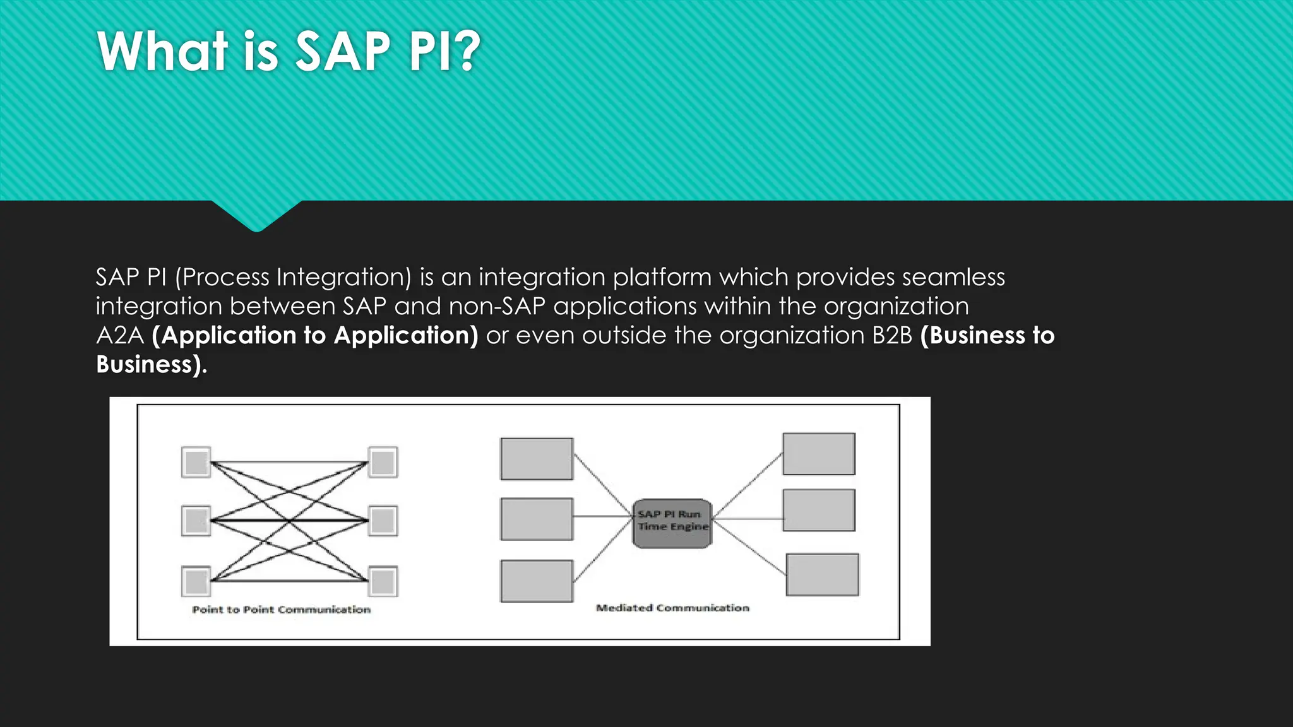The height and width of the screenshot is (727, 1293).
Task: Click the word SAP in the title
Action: click(343, 52)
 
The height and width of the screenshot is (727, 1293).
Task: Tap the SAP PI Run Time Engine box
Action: click(672, 523)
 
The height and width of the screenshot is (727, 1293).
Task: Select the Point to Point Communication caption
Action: click(281, 610)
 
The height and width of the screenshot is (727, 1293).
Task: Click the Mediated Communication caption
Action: click(672, 608)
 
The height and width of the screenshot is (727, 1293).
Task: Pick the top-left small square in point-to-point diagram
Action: click(196, 463)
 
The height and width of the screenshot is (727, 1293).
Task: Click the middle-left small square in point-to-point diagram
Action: click(196, 521)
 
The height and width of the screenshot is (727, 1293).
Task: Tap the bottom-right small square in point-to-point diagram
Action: click(383, 581)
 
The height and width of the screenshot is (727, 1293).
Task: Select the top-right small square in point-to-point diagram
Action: click(383, 463)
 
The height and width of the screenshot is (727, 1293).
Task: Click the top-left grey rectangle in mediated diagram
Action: click(537, 459)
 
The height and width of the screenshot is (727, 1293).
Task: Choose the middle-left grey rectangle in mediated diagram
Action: click(537, 519)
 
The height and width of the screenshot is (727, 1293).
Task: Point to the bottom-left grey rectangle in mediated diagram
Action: click(537, 581)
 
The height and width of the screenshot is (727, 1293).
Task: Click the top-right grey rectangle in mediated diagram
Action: click(819, 454)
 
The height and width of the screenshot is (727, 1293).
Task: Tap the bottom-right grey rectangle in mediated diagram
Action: click(822, 574)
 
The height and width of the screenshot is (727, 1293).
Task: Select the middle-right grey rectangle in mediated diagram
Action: click(819, 510)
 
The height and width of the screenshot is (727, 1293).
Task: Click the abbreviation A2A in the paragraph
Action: click(120, 336)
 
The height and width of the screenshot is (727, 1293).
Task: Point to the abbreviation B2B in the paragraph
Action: click(891, 336)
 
